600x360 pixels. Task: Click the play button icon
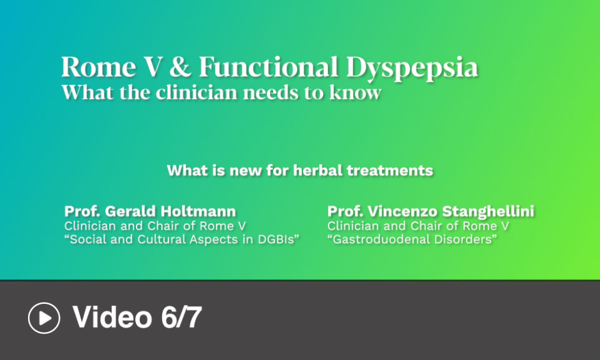click(44, 318)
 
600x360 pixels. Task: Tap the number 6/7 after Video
click(181, 317)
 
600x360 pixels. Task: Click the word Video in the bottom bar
click(112, 317)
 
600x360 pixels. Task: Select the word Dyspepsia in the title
click(412, 68)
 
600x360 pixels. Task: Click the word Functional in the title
click(269, 66)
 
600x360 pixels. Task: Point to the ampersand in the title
click(180, 66)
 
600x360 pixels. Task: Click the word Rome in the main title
click(99, 67)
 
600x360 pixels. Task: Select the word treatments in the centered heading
click(389, 170)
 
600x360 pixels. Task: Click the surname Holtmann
click(198, 211)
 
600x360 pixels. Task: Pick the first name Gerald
click(130, 211)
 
